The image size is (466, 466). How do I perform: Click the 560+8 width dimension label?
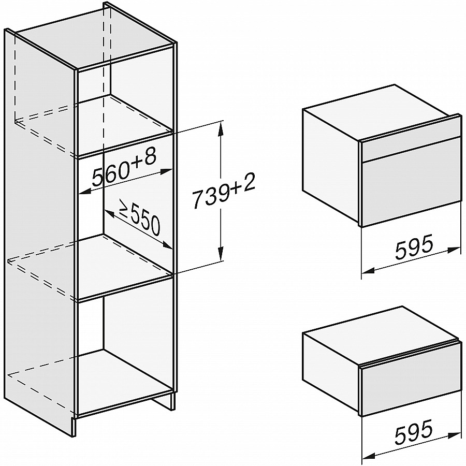124,168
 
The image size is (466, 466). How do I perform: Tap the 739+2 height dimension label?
224,193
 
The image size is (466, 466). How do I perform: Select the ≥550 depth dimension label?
140,216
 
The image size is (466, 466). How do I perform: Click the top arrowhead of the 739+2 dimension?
220,128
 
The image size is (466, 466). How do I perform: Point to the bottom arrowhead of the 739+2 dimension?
220,254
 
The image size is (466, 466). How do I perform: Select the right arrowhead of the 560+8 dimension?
166,171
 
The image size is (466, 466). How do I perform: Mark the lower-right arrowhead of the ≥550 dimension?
167,245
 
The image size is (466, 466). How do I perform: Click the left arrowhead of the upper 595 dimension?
369,270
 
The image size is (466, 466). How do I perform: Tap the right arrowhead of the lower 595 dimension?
454,435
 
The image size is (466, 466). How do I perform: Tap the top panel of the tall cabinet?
95,37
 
